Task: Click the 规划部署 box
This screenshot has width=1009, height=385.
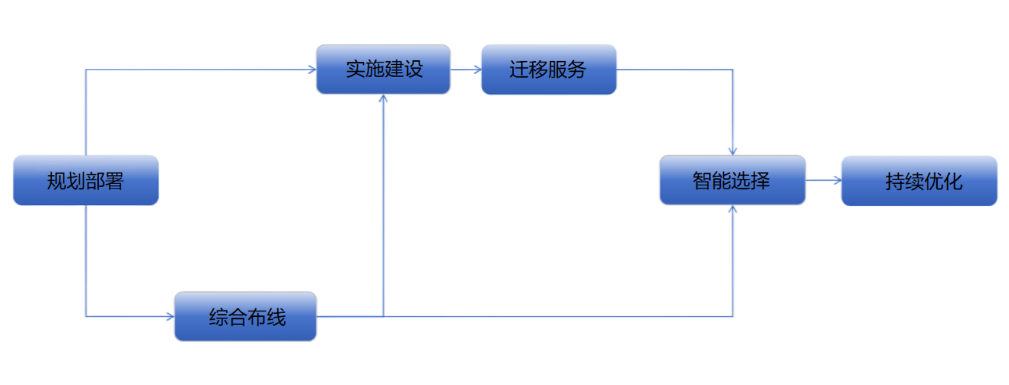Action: click(x=85, y=180)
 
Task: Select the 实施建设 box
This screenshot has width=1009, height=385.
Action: click(x=383, y=69)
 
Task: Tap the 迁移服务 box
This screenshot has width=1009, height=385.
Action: click(x=548, y=69)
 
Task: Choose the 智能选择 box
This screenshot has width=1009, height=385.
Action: click(x=732, y=180)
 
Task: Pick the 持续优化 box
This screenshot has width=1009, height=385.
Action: click(x=919, y=181)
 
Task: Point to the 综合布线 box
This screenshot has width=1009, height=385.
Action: click(x=245, y=316)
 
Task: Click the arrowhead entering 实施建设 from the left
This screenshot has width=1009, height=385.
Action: click(x=311, y=70)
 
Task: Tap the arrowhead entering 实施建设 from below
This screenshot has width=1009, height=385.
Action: click(x=383, y=100)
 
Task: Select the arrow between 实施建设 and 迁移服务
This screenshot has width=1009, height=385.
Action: click(x=466, y=70)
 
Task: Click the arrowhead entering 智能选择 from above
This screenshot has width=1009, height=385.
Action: click(x=734, y=150)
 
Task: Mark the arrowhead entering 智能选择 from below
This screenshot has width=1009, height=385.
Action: click(x=734, y=210)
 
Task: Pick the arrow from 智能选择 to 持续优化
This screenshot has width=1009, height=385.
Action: click(x=824, y=181)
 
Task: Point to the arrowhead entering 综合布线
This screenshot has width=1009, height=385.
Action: click(x=169, y=316)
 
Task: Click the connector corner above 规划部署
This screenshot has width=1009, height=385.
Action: click(x=86, y=71)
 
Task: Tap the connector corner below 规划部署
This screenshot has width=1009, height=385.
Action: click(x=86, y=316)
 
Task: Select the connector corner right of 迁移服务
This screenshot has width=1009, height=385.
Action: click(x=734, y=71)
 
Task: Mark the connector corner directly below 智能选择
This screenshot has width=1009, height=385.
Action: click(x=734, y=316)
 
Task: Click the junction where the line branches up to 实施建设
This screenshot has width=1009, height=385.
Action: click(x=383, y=316)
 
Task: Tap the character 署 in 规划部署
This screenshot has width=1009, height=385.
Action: click(x=114, y=181)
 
